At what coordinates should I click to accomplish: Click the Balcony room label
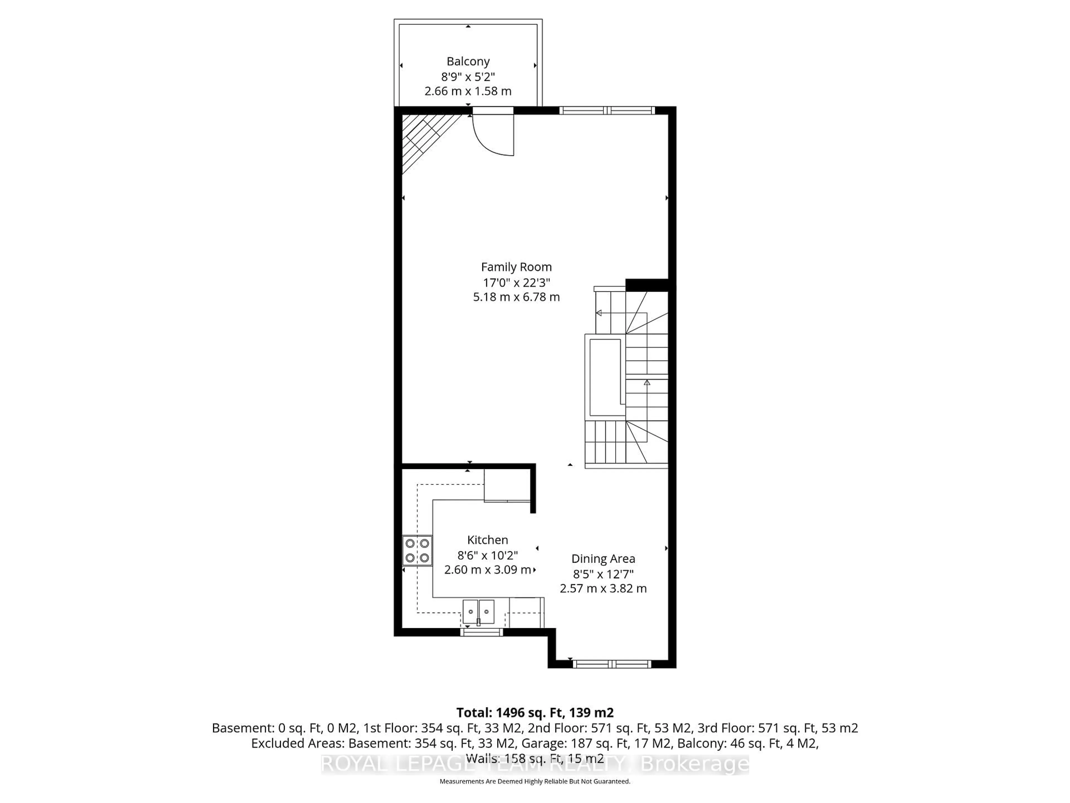(x=468, y=61)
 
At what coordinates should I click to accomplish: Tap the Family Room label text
(x=516, y=267)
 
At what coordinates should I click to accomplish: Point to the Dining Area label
(x=603, y=558)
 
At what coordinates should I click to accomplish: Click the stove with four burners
(x=417, y=551)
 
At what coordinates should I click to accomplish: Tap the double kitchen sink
(x=478, y=612)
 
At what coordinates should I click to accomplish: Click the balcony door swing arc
(x=491, y=138)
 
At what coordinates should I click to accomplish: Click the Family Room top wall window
(x=607, y=110)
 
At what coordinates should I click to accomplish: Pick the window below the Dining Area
(x=612, y=664)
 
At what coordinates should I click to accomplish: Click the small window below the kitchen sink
(x=481, y=632)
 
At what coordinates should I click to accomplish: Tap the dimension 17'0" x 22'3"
(x=516, y=282)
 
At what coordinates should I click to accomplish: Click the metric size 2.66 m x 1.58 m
(x=468, y=91)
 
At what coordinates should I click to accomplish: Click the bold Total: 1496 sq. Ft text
(x=534, y=712)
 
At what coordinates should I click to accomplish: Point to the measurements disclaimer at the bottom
(x=534, y=781)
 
